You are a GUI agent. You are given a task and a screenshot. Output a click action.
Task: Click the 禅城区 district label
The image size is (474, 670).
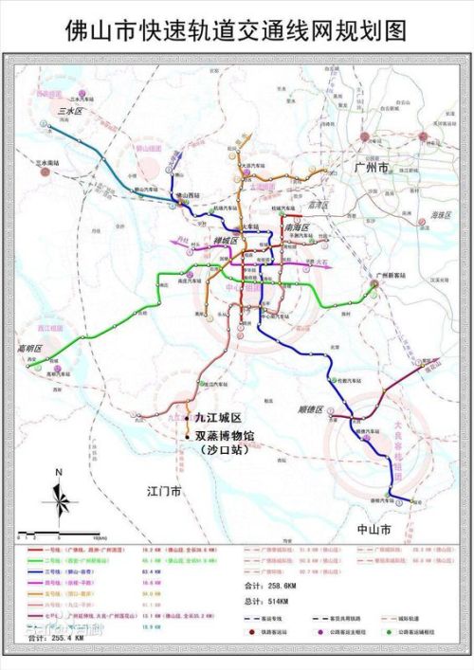(230, 241)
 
